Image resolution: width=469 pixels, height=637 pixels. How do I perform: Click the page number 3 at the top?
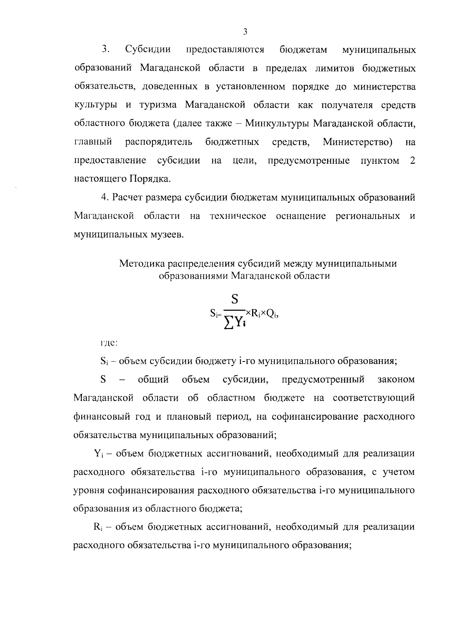point(245,32)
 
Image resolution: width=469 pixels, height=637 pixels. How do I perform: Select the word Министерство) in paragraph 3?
point(358,142)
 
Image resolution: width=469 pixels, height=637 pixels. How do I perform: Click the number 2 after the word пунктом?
point(412,160)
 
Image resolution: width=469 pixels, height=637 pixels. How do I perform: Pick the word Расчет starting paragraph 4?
point(127,197)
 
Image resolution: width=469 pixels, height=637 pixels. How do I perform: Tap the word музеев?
point(165,234)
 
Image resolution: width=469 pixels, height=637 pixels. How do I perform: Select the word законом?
point(396,379)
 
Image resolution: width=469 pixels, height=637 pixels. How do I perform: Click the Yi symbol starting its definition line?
point(98,454)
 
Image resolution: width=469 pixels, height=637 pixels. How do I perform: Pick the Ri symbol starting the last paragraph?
point(98,527)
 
